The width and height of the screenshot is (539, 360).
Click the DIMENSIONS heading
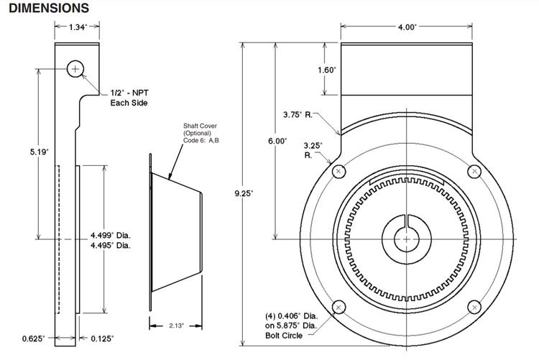coord(49,8)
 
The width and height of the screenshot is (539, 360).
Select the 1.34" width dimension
coord(78,27)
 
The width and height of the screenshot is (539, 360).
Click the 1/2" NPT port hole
coord(76,68)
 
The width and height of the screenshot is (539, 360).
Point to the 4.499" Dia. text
coord(110,235)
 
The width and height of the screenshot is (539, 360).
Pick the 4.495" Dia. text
coord(110,245)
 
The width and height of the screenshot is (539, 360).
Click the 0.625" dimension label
coord(34,337)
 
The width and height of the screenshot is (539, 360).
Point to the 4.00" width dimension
coord(407,27)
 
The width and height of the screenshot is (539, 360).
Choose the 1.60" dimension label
coord(306,70)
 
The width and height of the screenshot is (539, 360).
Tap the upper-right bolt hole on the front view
coord(474,171)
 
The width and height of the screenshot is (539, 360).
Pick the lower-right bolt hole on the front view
coord(474,306)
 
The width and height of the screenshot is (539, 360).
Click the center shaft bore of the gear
coord(407,238)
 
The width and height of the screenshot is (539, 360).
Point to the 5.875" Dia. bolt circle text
coord(291,325)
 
